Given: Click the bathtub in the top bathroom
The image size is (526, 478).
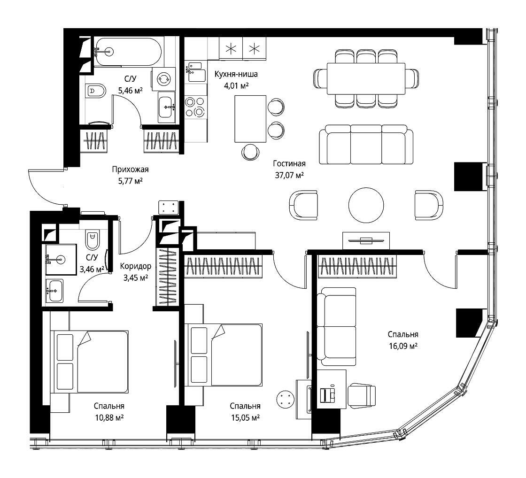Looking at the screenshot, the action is point(128,52).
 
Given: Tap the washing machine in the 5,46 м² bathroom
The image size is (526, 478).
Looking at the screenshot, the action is point(163,79).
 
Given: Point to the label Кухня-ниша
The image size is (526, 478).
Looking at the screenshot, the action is point(236,74).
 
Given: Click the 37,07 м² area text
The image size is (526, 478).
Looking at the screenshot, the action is point(289,175).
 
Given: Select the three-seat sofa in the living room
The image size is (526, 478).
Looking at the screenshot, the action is point(366,145).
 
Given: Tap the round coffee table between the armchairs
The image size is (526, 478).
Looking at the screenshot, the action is point(366,205).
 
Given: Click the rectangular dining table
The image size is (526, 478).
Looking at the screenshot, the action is point(366,78).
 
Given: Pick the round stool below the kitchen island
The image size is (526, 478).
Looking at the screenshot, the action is point(251,152).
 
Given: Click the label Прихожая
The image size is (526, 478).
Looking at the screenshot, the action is point(130,170).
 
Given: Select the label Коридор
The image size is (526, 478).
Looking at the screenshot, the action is point(136,266).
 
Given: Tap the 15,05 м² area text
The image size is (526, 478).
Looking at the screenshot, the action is point(246,417).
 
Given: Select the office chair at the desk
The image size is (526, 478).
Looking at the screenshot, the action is point(362,395).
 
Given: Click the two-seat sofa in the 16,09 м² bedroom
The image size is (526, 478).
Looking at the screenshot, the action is point(336,326).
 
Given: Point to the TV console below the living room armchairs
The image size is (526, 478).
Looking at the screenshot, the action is point(366,240).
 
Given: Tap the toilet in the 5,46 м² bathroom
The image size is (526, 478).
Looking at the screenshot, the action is point(96,91).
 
